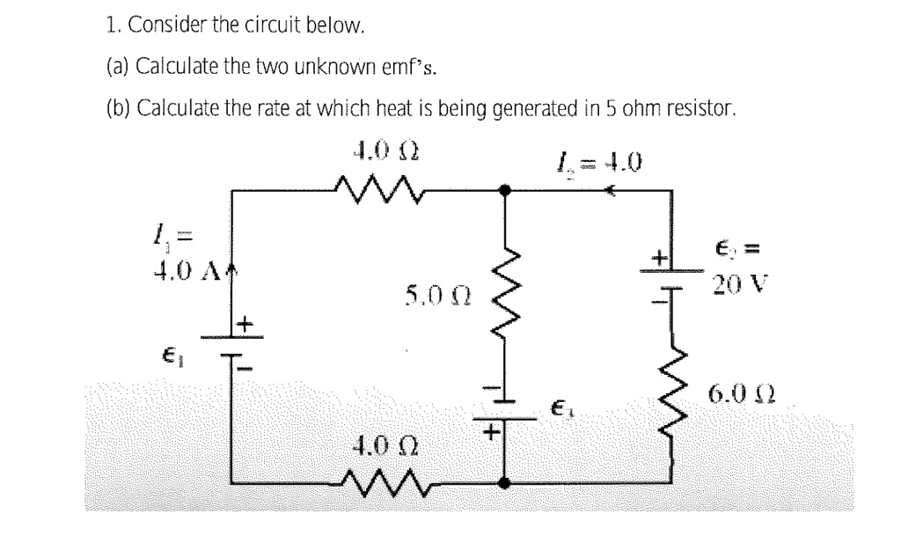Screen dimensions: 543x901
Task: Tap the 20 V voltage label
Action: coord(744,284)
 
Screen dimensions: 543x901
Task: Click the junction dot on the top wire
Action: coord(503,188)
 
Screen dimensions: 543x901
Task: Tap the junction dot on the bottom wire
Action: coord(503,482)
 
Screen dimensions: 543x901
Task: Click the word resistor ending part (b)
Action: coord(700,110)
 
